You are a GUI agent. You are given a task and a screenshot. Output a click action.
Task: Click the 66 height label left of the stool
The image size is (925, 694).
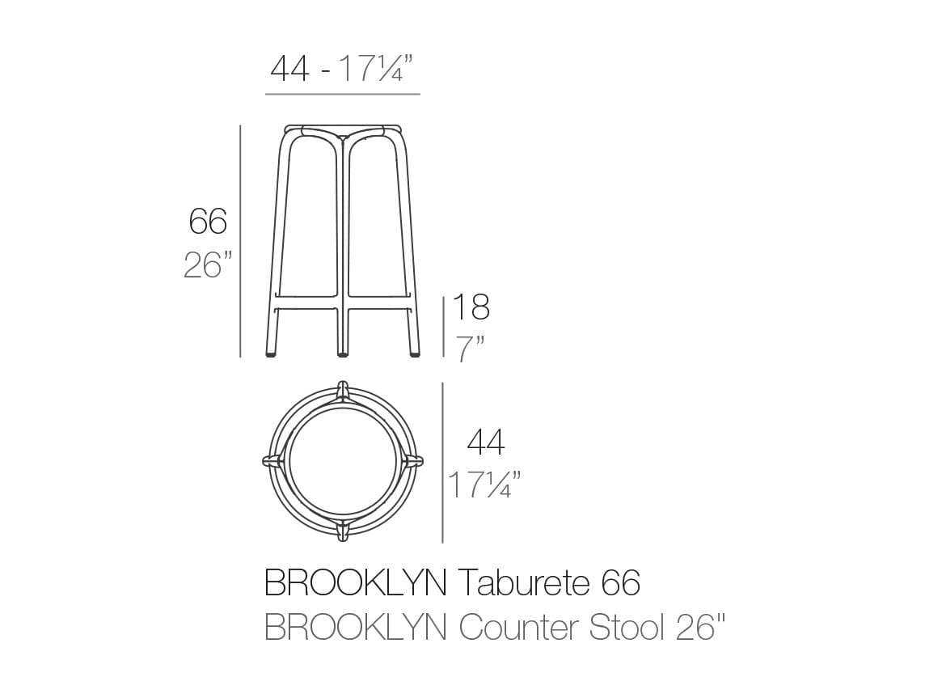click(208, 221)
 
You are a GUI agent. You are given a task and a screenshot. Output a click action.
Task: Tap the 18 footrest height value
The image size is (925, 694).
click(471, 308)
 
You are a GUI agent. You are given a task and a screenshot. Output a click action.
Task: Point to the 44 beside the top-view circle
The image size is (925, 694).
click(486, 442)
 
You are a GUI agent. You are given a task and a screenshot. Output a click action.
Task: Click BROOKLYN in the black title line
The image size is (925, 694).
click(357, 582)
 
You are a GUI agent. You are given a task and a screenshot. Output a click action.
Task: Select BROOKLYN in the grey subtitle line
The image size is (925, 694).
click(357, 627)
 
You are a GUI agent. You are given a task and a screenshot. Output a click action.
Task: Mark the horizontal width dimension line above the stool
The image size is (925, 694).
click(342, 95)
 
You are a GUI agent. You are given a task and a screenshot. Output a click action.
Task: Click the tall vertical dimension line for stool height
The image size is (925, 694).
click(240, 241)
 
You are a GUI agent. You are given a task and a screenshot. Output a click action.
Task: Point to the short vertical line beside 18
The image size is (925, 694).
click(443, 326)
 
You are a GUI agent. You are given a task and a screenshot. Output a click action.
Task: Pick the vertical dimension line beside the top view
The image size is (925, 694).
click(442, 462)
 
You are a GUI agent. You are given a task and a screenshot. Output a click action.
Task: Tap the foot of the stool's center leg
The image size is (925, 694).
click(343, 353)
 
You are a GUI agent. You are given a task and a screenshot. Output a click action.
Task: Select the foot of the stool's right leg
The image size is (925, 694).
click(414, 352)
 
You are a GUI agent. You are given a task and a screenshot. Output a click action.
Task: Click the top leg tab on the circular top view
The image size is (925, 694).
click(343, 391)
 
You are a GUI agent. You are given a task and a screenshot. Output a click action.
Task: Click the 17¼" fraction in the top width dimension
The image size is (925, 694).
click(378, 70)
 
